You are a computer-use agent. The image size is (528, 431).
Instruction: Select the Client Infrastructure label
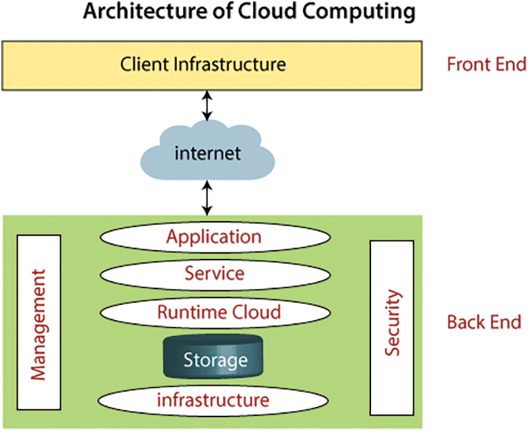click(x=203, y=64)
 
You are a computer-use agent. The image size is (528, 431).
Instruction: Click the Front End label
click(x=486, y=64)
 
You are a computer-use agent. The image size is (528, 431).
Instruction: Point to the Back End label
click(x=484, y=322)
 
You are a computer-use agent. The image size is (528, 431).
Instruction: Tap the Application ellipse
click(x=214, y=237)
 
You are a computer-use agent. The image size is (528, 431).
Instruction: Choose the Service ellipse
click(x=214, y=273)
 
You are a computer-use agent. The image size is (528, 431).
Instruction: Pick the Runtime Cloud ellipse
click(x=219, y=311)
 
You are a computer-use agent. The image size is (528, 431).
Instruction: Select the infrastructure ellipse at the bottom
click(x=214, y=400)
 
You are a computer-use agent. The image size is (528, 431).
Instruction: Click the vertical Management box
click(x=39, y=324)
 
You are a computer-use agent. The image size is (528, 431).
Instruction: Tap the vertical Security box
click(x=393, y=324)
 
